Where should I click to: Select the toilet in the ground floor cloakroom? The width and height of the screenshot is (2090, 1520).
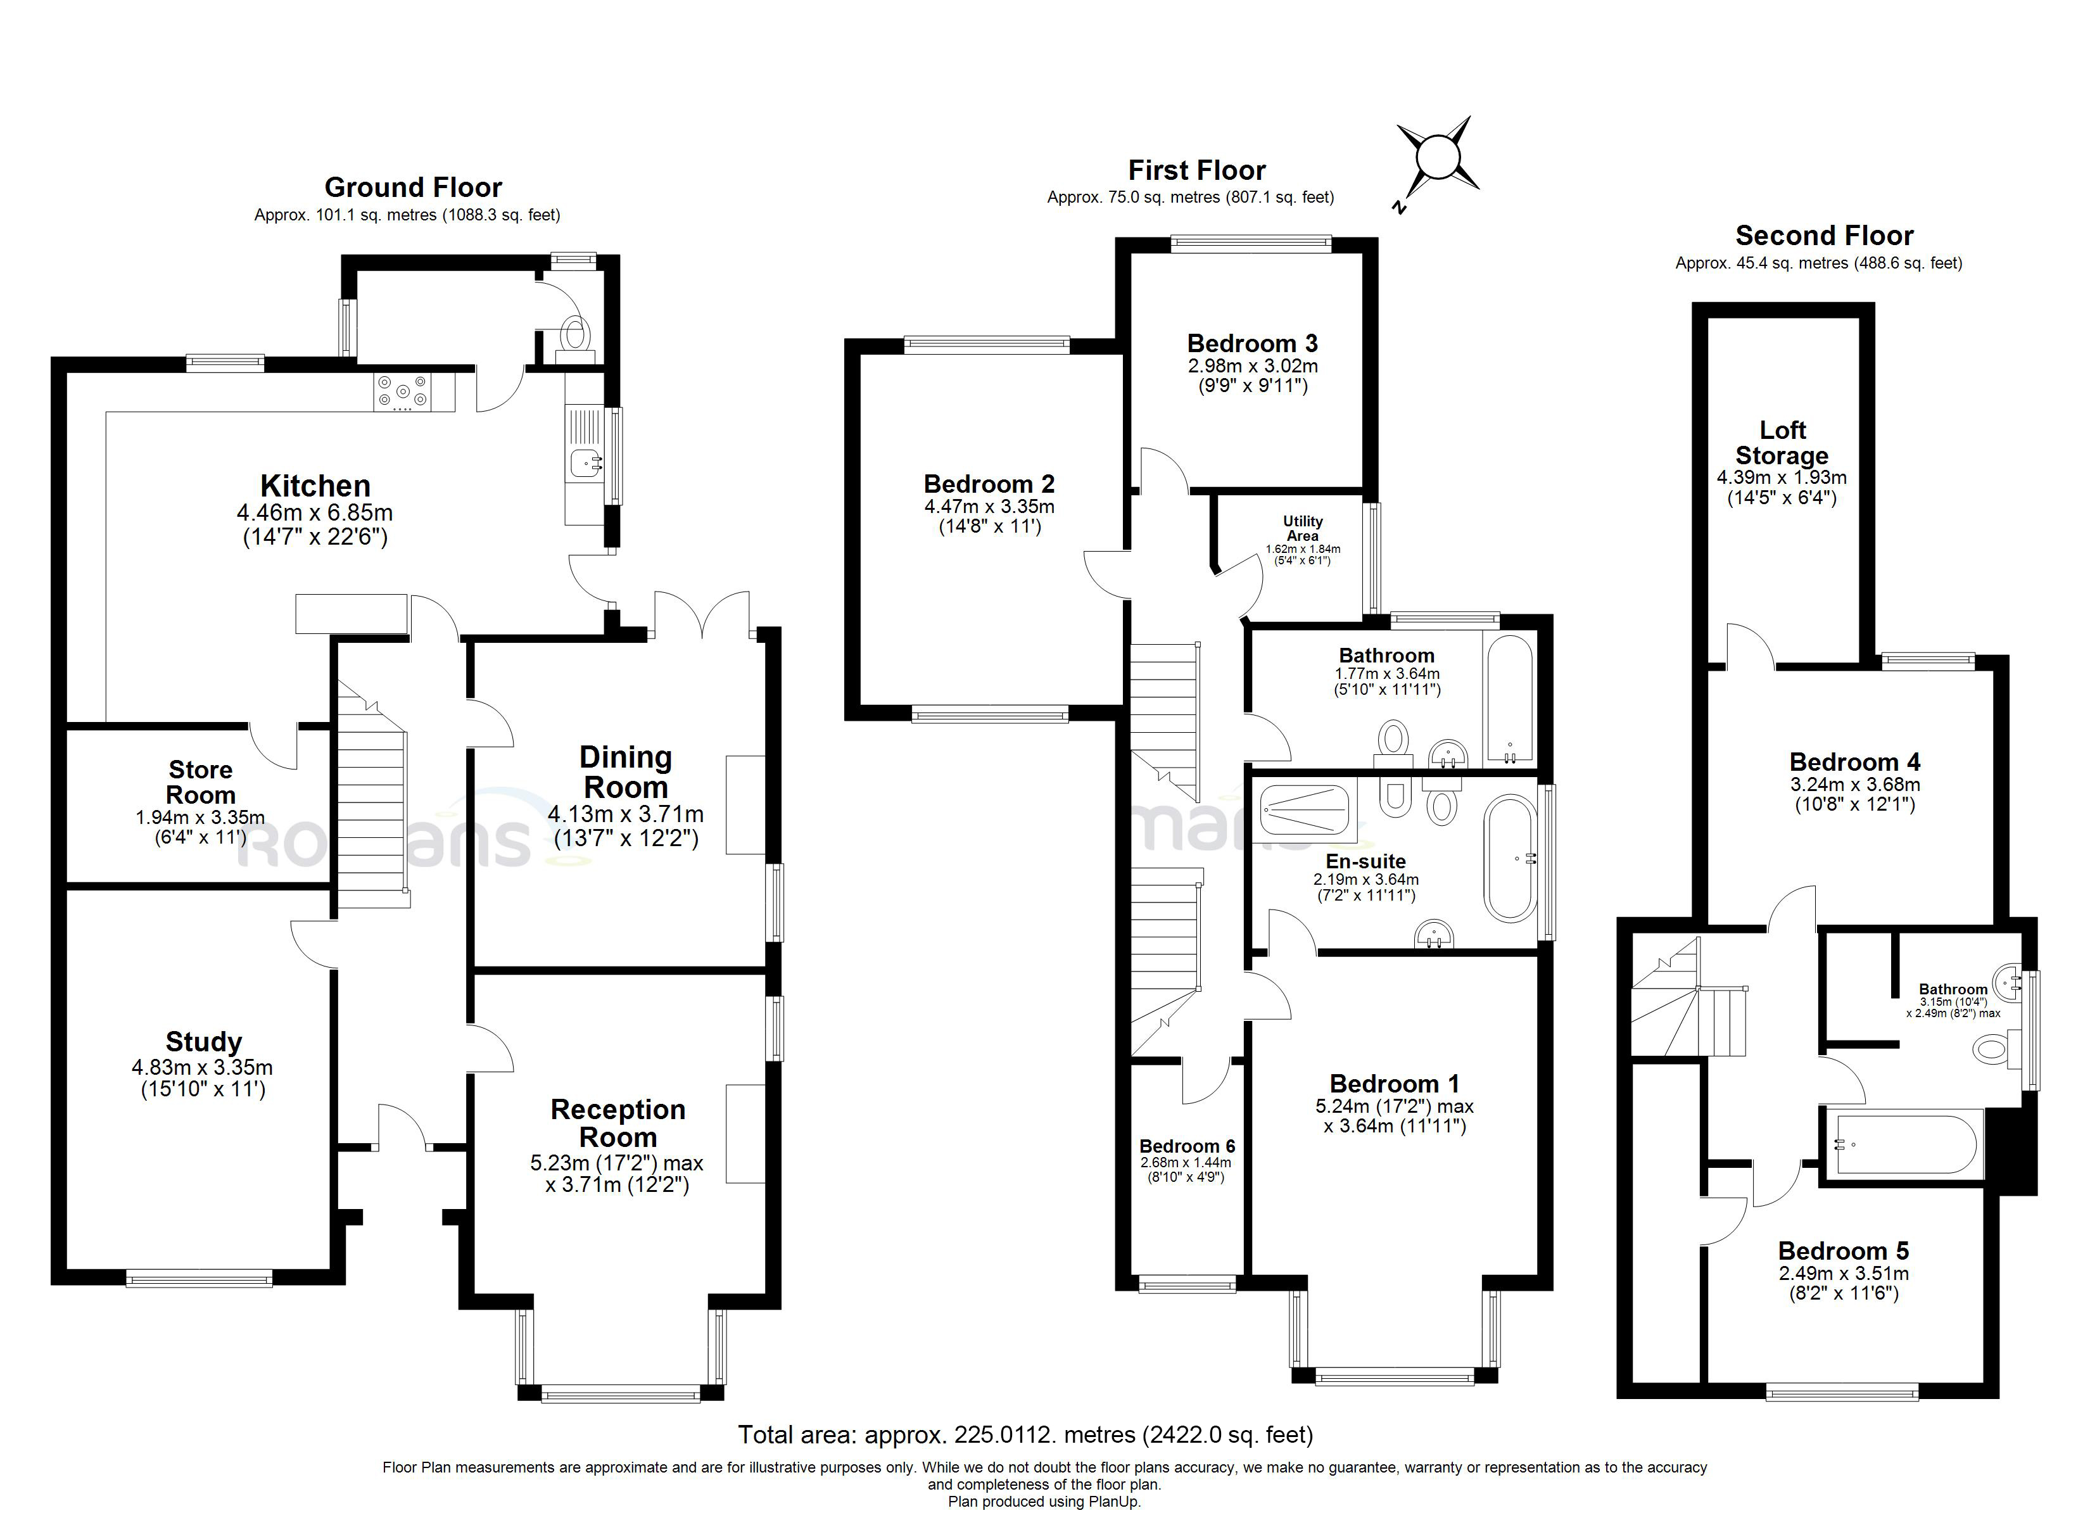click(x=576, y=334)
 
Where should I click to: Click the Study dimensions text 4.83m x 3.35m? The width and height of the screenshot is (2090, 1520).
click(x=202, y=1067)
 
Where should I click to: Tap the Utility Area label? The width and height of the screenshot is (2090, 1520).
click(x=1302, y=528)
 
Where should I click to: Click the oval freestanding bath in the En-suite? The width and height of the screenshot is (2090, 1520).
click(x=1509, y=858)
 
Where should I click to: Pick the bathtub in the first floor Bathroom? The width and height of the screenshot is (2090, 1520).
click(x=1509, y=698)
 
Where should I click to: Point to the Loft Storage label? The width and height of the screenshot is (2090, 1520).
click(x=1782, y=443)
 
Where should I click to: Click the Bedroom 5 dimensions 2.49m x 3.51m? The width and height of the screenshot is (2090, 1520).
click(x=1843, y=1273)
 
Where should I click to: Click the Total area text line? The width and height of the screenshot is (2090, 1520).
click(x=1025, y=1434)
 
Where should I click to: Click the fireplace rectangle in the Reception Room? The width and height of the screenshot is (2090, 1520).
click(x=745, y=1133)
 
